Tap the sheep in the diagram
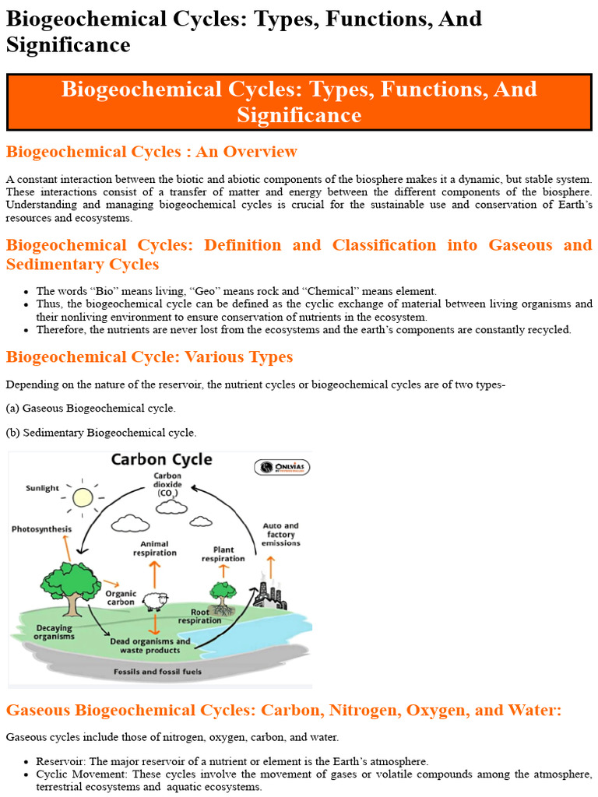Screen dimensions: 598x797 pyautogui.click(x=154, y=601)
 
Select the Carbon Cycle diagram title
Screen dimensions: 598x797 pyautogui.click(x=161, y=459)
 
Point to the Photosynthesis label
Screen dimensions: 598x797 pyautogui.click(x=41, y=529)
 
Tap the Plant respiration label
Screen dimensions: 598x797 pyautogui.click(x=223, y=553)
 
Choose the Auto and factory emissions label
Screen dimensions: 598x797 pyautogui.click(x=281, y=534)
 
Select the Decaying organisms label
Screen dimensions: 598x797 pyautogui.click(x=54, y=632)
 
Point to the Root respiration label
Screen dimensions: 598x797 pyautogui.click(x=199, y=616)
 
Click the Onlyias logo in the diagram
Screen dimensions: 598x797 pyautogui.click(x=281, y=468)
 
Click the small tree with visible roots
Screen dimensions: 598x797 pyautogui.click(x=223, y=596)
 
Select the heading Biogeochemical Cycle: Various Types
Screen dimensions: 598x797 pyautogui.click(x=149, y=357)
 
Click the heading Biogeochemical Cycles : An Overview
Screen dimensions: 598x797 pyautogui.click(x=151, y=151)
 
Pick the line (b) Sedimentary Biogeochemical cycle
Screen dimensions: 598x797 pyautogui.click(x=101, y=432)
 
